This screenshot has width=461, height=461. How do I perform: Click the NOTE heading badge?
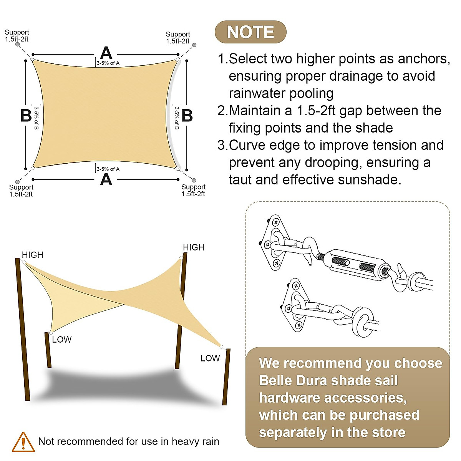250,32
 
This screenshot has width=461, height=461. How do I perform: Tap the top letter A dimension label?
106,53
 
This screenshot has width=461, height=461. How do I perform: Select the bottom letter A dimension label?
106,179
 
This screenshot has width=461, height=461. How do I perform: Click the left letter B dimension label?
26,116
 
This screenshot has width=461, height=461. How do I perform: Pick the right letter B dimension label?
187,116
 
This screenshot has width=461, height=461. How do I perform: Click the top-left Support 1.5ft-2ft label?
17,36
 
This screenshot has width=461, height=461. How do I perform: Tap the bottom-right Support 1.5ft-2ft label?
193,190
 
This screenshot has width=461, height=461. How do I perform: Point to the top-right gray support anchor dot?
194,45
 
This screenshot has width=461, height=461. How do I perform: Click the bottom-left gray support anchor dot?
17,182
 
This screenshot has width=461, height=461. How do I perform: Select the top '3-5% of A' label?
108,63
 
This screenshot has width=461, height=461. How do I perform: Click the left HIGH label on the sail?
32,255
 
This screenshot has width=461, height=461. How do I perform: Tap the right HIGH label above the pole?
193,247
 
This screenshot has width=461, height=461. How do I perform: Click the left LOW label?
62,340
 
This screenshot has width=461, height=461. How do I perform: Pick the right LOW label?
210,358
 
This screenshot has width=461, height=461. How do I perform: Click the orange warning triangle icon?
23,442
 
